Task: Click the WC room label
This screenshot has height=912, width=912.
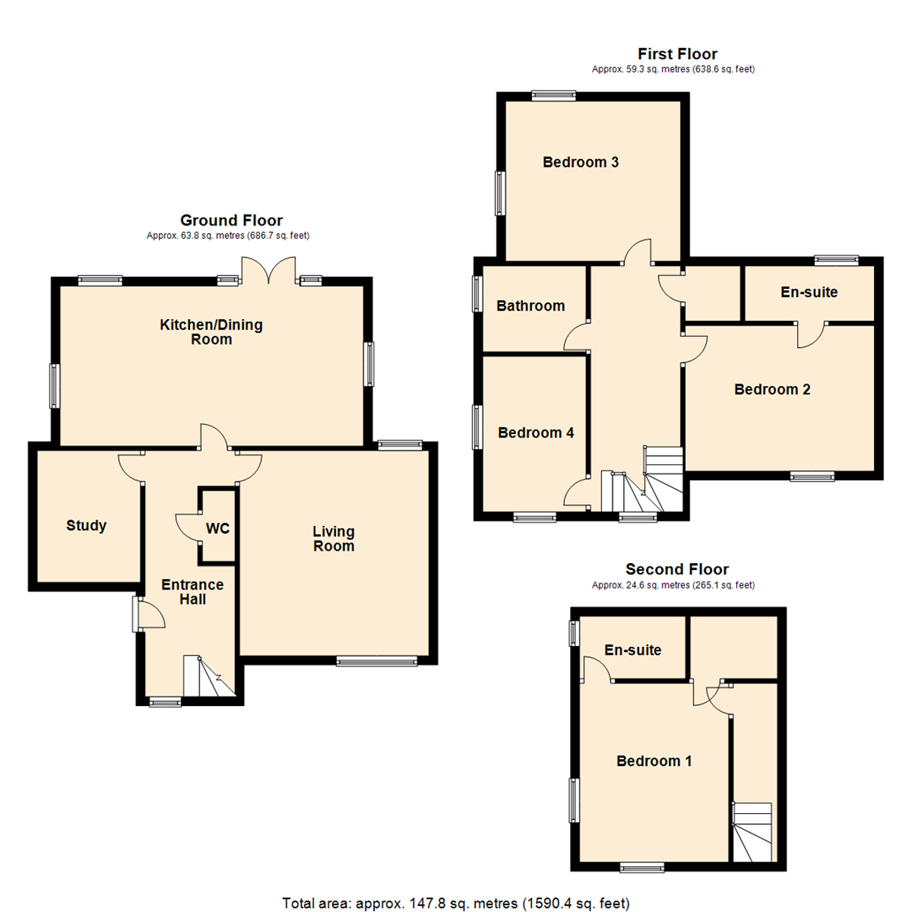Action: pos(218,529)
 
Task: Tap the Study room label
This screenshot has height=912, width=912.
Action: pos(86,526)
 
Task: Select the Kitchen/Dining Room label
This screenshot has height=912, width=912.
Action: pos(196,332)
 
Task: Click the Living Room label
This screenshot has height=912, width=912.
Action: pos(334,539)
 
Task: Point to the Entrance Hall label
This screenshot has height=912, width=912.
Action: pos(193,592)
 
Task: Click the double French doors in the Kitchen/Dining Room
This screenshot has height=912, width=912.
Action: pos(269,271)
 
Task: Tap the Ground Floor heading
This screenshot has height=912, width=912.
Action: pos(231,220)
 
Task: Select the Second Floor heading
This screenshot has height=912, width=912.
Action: pos(676,569)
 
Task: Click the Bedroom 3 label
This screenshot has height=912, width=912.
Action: pos(581,162)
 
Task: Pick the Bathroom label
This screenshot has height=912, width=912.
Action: pos(530,306)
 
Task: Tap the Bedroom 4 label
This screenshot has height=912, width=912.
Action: pos(536,432)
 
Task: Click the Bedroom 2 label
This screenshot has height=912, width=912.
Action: pos(772,389)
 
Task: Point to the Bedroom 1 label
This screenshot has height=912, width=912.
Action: pos(654,761)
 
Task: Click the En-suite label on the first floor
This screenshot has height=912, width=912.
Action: pos(808,292)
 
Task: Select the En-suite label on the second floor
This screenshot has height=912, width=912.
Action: pos(632,650)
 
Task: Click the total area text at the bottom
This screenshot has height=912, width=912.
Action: pos(455,903)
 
